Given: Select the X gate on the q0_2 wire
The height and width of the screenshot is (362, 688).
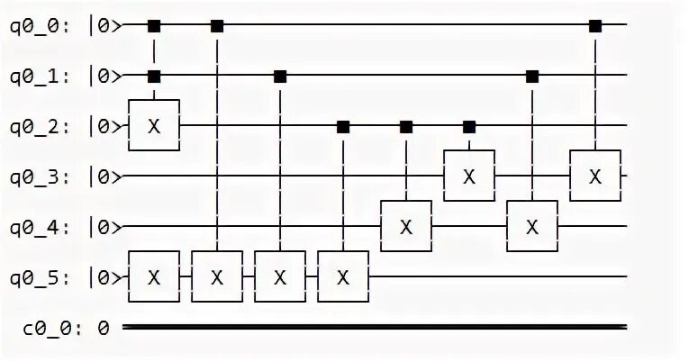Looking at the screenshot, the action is [x=154, y=126].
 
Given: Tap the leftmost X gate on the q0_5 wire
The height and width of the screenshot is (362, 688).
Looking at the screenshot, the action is [x=154, y=276].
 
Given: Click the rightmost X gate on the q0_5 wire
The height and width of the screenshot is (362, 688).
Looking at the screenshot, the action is [x=343, y=276].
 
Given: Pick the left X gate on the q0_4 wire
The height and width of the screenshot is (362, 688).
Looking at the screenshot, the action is [x=406, y=226].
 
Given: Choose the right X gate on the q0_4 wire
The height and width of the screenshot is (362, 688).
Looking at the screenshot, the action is [x=532, y=226].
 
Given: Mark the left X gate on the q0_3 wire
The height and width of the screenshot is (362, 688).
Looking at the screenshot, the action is [x=468, y=176].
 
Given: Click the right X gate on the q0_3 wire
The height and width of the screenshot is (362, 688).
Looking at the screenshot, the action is [x=595, y=176].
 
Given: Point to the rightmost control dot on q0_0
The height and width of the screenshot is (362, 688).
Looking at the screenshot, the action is [x=595, y=25].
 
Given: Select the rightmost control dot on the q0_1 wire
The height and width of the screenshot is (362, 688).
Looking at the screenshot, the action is [x=532, y=76].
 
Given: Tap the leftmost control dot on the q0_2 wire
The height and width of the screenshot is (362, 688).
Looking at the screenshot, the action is [x=343, y=126].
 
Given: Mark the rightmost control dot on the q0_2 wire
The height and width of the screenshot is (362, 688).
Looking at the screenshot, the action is [x=468, y=126].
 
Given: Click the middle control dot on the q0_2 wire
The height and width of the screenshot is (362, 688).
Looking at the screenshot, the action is [x=406, y=126].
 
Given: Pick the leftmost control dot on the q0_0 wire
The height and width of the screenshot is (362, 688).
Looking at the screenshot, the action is [x=154, y=25].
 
